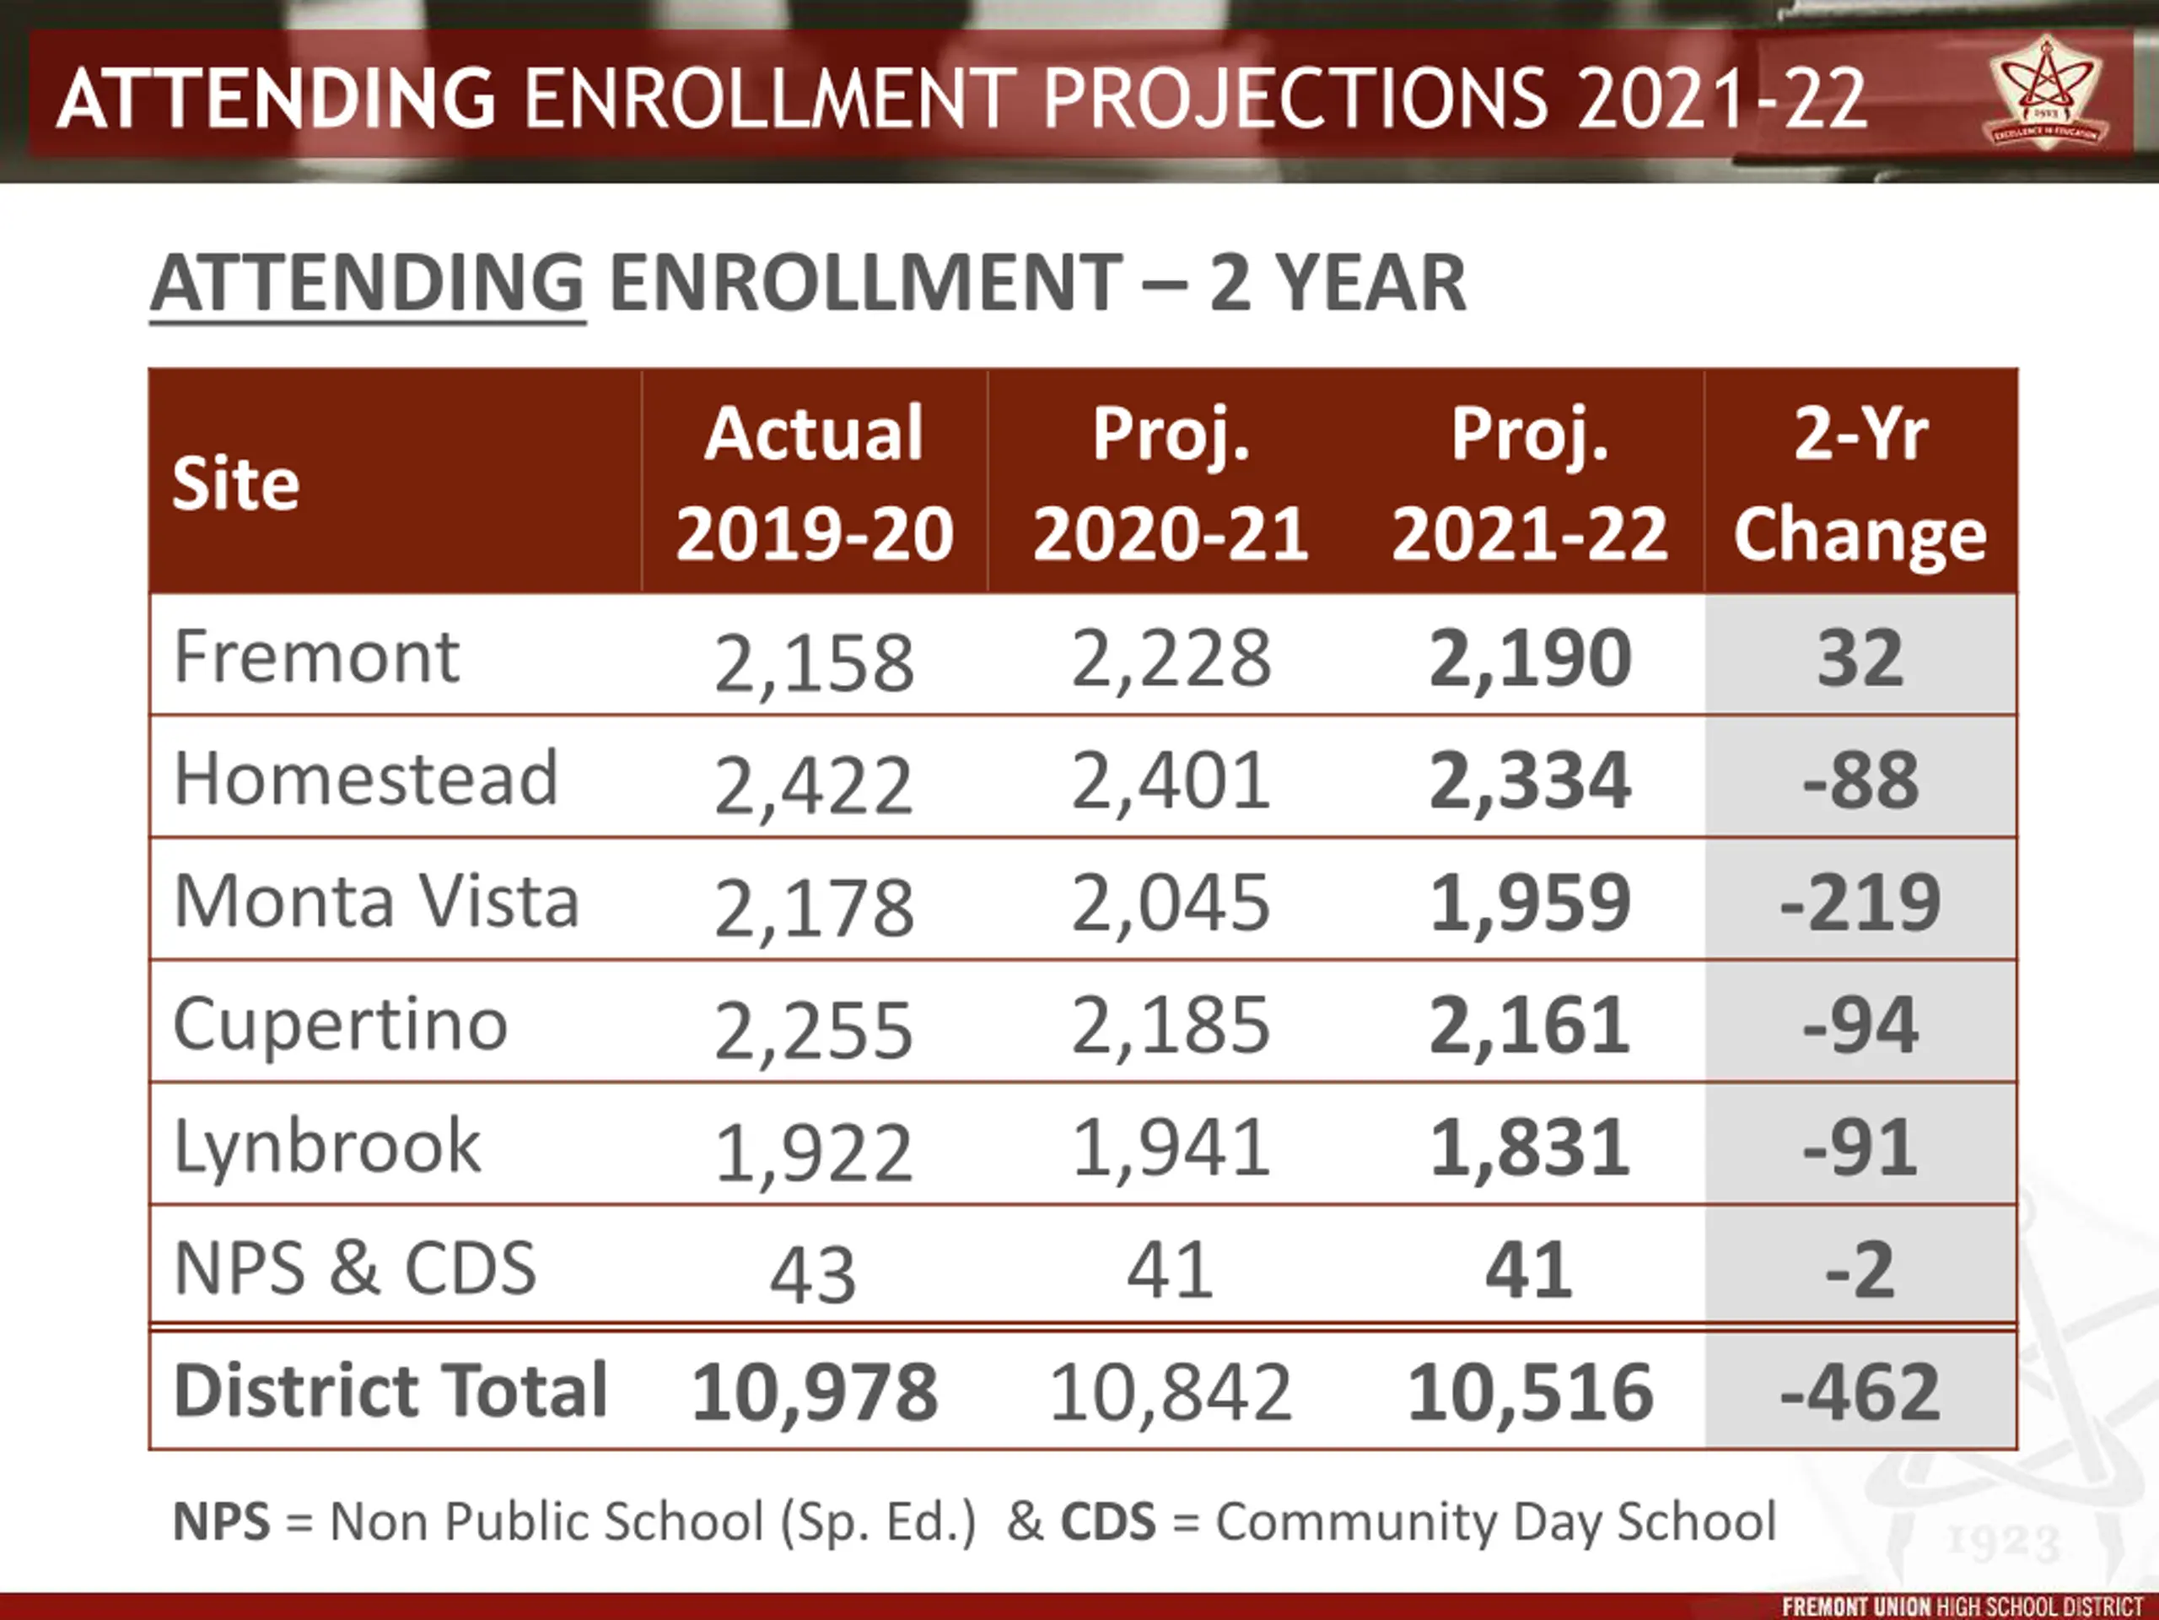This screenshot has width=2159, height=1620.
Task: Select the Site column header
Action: pyautogui.click(x=236, y=483)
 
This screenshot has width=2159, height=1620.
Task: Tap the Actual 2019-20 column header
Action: pyautogui.click(x=814, y=483)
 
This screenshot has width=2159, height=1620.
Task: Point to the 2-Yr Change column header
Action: pyautogui.click(x=1860, y=483)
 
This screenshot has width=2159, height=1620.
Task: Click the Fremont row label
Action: pyautogui.click(x=316, y=656)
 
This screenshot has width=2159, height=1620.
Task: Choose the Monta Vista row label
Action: pyautogui.click(x=377, y=900)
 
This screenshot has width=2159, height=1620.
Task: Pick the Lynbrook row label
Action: pyautogui.click(x=327, y=1147)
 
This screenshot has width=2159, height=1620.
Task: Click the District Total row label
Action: pyautogui.click(x=390, y=1390)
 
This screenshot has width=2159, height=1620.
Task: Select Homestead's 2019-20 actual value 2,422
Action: pyautogui.click(x=814, y=785)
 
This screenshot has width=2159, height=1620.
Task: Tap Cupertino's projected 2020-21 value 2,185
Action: pyautogui.click(x=1171, y=1025)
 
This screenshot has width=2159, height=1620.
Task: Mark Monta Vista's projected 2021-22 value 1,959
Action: pyautogui.click(x=1530, y=901)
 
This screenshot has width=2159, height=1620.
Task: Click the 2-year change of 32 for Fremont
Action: pyautogui.click(x=1860, y=658)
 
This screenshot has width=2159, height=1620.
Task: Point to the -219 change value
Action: pyautogui.click(x=1860, y=902)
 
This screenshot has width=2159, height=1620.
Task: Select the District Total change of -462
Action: pyautogui.click(x=1860, y=1391)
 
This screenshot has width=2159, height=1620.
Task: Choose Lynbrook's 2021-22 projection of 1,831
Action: pyautogui.click(x=1530, y=1147)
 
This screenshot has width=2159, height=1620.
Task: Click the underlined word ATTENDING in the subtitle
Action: pyautogui.click(x=368, y=283)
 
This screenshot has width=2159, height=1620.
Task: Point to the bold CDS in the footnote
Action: pyautogui.click(x=1108, y=1521)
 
